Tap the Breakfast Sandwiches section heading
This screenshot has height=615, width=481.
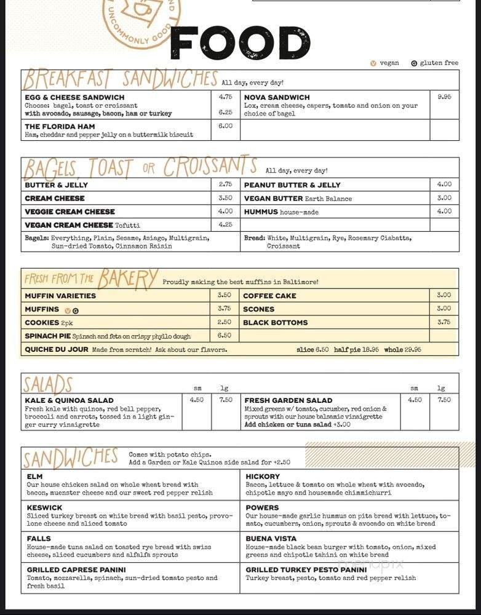[120, 79]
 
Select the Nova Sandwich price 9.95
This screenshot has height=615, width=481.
[444, 97]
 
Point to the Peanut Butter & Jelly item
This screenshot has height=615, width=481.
[292, 184]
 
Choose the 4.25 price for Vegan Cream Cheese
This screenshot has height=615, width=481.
[225, 224]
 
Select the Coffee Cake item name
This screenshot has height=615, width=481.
[269, 296]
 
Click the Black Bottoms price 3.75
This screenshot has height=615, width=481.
[444, 322]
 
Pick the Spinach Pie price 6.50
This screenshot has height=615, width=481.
[225, 335]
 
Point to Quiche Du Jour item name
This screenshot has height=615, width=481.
[56, 349]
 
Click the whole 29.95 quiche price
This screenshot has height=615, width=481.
[403, 349]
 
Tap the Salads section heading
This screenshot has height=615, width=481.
[48, 384]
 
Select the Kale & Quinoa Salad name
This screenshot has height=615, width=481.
[69, 400]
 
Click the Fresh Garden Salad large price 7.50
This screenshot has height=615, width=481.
[444, 400]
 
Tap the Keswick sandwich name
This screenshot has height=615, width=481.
[44, 507]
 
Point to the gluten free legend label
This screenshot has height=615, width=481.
[439, 63]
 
